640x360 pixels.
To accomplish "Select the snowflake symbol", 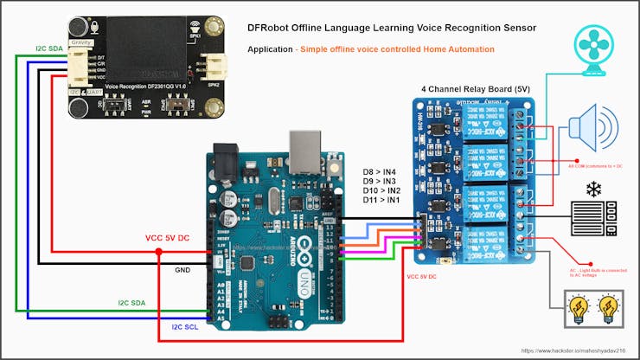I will (594, 189).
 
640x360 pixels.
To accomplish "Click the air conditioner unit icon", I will (594, 219).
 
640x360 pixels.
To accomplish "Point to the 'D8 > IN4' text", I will (381, 172).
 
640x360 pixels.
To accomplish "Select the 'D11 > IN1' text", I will (381, 201).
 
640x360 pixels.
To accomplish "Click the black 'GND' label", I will (182, 270).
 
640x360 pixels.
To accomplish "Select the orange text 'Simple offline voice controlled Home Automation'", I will (395, 49).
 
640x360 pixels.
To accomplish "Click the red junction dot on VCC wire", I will (158, 253).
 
